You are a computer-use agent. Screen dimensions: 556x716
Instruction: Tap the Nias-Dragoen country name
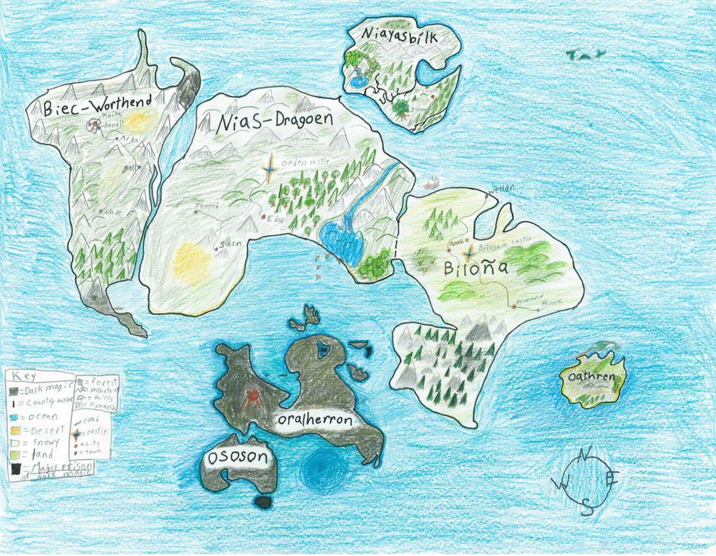[x=274, y=121]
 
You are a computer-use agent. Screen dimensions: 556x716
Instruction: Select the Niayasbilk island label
[x=400, y=36]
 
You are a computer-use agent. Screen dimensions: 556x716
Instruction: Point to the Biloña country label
[x=468, y=269]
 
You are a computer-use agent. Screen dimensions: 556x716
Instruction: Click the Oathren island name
[x=592, y=377]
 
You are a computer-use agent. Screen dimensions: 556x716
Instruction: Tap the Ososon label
[x=237, y=457]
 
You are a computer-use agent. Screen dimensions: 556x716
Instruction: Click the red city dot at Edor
[x=264, y=218]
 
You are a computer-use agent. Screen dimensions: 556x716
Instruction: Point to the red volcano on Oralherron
[x=251, y=399]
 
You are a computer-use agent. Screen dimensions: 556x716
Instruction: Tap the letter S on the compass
[x=587, y=509]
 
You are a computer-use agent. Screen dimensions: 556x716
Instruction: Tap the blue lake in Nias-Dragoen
[x=341, y=241]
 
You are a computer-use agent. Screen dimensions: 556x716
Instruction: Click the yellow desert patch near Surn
[x=191, y=263]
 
